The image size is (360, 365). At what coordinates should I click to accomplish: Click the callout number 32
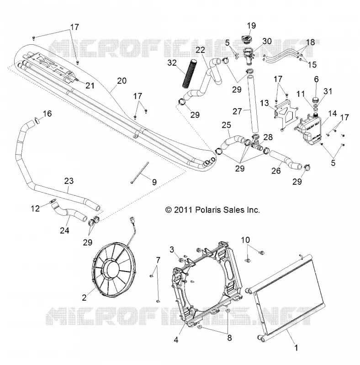point(172,63)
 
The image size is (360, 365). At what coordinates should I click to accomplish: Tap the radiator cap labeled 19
point(249,39)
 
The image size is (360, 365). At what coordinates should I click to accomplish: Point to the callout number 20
point(122,81)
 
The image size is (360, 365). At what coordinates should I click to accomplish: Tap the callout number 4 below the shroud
point(176,340)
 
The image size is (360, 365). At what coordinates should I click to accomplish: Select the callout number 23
point(69,181)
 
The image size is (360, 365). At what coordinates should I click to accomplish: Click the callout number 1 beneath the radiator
point(296,348)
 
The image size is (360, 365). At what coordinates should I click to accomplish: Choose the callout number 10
point(245,240)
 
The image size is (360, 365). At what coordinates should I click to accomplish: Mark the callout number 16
point(47,114)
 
